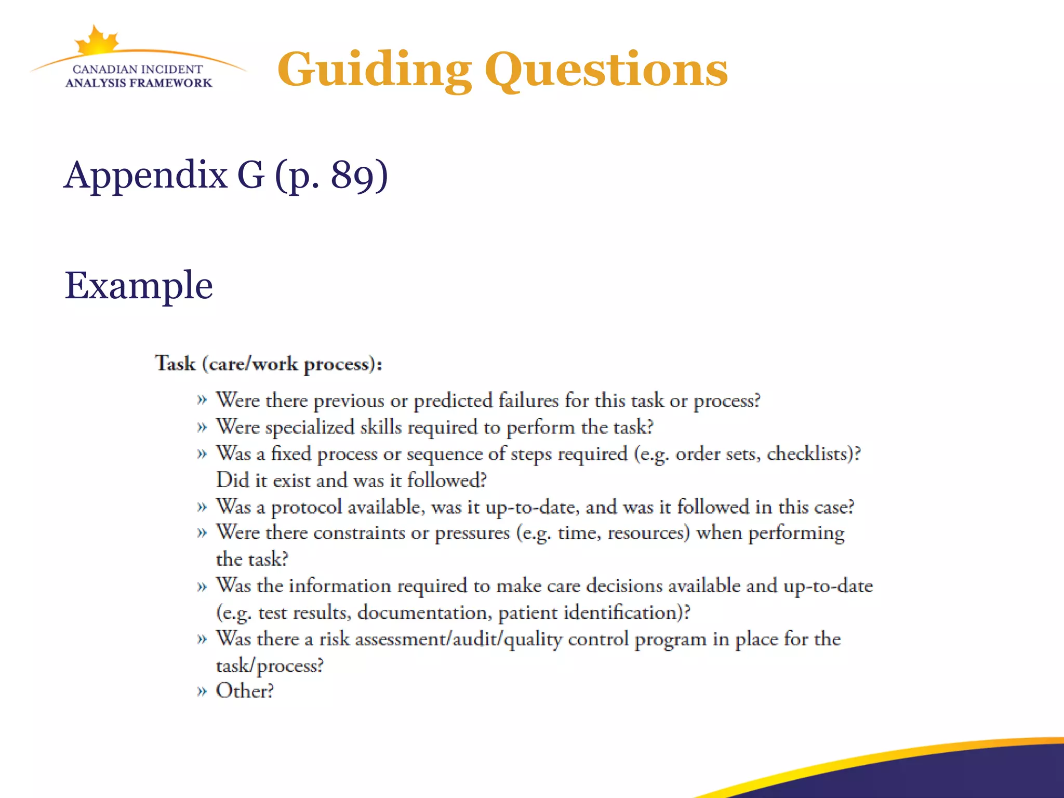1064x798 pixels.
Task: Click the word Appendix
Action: pos(145,176)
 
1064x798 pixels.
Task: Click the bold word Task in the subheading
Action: pos(176,363)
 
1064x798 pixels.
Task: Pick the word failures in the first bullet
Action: pos(528,401)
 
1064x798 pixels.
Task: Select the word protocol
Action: pos(307,507)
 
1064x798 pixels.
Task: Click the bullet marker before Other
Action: pos(202,691)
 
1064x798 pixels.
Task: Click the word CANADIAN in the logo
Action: pos(105,70)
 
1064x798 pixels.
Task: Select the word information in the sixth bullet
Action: pos(340,586)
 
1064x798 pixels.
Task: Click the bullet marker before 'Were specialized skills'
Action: pos(202,428)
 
